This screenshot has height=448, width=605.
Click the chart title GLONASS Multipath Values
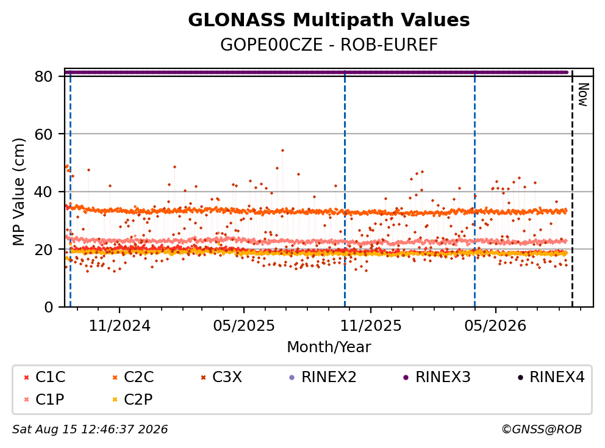329,20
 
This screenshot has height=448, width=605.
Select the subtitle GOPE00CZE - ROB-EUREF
329,45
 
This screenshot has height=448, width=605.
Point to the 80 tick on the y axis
43,76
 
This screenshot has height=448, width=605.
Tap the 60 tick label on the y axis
43,134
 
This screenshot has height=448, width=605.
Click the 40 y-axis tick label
43,192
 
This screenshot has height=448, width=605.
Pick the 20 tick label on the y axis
43,250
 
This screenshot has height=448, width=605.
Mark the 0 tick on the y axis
49,307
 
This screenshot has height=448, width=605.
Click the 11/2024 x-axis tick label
120,326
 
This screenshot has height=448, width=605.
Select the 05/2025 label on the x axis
244,326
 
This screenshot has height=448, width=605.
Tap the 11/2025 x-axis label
370,326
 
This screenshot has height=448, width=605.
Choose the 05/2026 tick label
495,326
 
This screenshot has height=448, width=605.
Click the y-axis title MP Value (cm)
18,192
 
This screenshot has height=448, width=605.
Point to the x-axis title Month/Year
329,347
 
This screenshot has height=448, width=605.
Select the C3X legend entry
222,377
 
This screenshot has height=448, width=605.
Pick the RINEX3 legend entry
437,377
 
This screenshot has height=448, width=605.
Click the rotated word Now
582,95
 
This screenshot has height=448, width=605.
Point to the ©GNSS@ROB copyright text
542,429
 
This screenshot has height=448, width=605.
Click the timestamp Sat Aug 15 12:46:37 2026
90,429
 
